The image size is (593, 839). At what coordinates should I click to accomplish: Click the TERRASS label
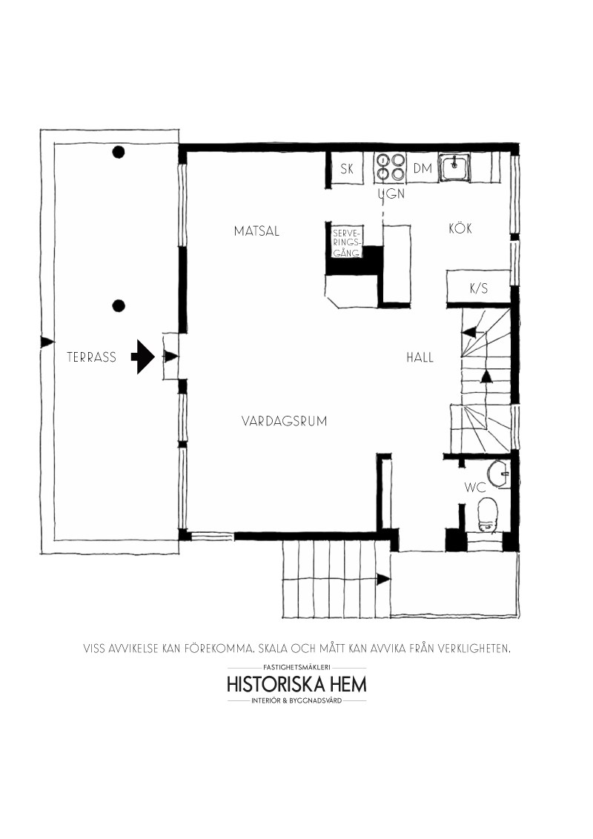[x=91, y=357]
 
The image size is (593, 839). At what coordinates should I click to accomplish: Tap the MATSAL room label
[x=256, y=231]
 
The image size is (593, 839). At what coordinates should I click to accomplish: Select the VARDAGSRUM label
[x=284, y=421]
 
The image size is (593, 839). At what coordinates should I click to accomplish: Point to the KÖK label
[x=460, y=228]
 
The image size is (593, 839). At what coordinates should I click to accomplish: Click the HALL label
[x=420, y=357]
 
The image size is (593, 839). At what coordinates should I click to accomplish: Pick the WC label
[x=475, y=488]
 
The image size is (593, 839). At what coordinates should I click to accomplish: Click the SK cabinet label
[x=347, y=168]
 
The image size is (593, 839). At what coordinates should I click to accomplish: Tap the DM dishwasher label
[x=423, y=168]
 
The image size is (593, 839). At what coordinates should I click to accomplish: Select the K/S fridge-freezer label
[x=478, y=288]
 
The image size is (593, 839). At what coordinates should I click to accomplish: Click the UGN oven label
[x=392, y=193]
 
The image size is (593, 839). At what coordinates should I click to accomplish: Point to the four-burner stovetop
[x=390, y=167]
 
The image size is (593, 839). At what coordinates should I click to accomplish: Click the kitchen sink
[x=454, y=167]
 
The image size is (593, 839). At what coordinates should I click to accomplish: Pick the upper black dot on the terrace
[x=119, y=152]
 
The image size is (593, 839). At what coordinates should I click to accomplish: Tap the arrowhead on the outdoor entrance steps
[x=383, y=579]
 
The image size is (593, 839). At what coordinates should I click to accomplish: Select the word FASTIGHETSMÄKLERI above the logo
[x=297, y=668]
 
